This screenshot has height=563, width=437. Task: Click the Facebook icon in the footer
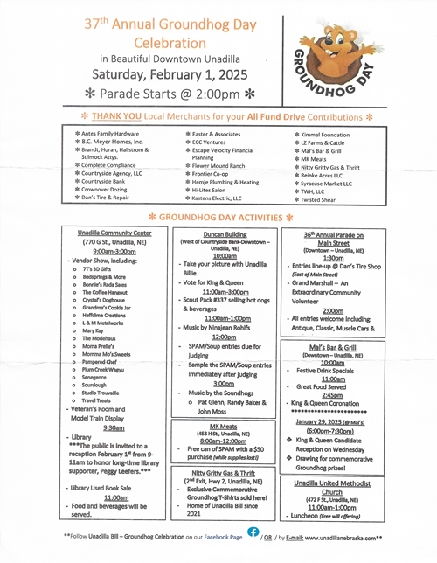pos(253,531)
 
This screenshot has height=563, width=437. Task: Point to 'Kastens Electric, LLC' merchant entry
pos(219,199)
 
